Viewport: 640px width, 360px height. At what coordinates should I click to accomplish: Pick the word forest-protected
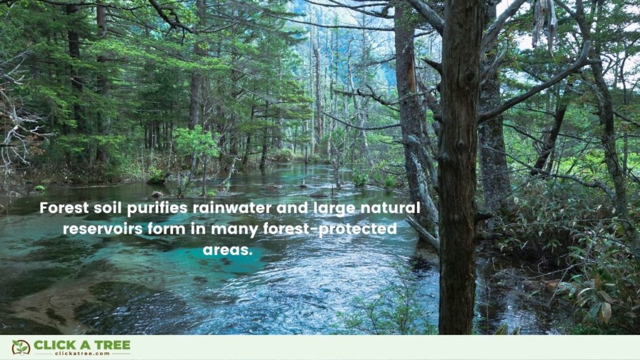pyautogui.click(x=337, y=229)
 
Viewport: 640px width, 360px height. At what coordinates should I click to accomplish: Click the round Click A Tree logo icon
pyautogui.click(x=20, y=347)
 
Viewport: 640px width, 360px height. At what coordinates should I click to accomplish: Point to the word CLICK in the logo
pyautogui.click(x=52, y=344)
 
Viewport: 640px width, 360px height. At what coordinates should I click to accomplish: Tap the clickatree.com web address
pyautogui.click(x=81, y=354)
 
